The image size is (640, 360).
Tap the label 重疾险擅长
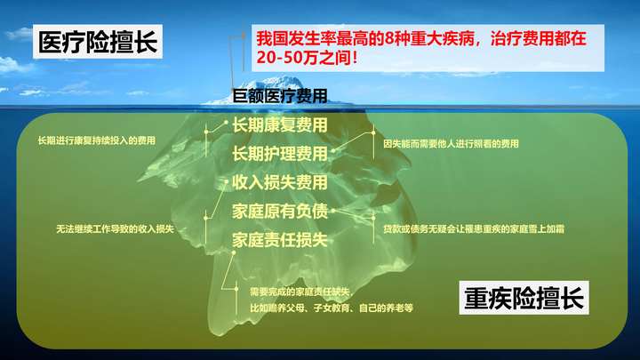click(x=524, y=298)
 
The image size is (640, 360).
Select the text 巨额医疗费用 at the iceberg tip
click(x=279, y=95)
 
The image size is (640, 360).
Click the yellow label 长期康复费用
click(x=279, y=124)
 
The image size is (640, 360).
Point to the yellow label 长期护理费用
click(x=279, y=154)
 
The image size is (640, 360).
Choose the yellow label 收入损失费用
click(x=279, y=182)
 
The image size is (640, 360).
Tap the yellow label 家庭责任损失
click(x=279, y=240)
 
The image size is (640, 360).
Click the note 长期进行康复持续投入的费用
click(x=96, y=140)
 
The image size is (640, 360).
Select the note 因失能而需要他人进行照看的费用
click(x=451, y=143)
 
